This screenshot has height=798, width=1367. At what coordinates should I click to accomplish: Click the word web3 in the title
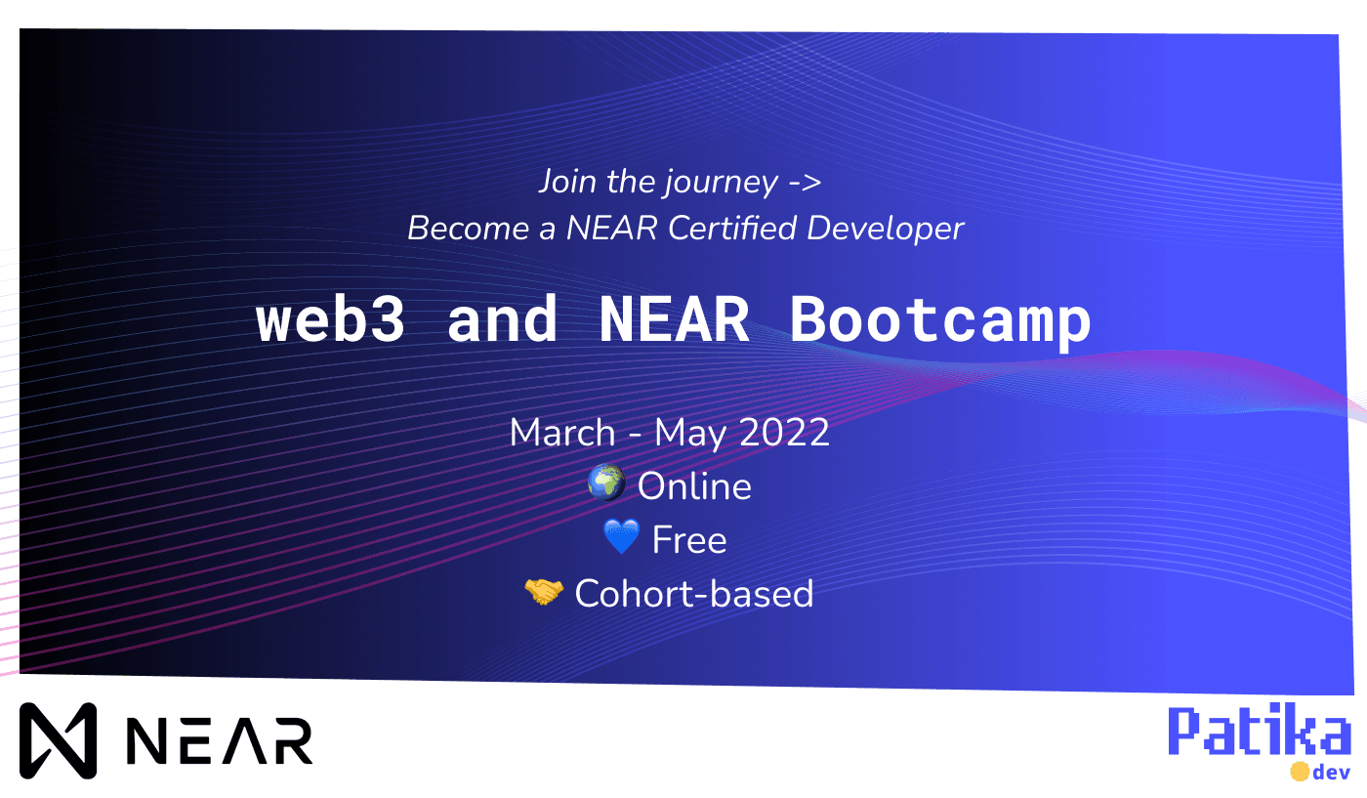click(330, 318)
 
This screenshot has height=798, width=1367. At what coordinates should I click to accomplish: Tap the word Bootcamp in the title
click(939, 318)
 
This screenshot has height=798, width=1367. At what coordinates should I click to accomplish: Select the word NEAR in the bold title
click(674, 318)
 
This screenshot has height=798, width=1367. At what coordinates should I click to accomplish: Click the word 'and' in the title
click(502, 318)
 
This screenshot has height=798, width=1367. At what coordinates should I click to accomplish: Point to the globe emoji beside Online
click(606, 484)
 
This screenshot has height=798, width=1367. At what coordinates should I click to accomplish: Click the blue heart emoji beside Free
click(621, 538)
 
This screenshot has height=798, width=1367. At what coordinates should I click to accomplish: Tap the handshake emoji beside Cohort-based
click(544, 592)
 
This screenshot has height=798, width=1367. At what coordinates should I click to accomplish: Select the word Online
click(694, 486)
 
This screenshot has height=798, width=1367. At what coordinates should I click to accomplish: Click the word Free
click(689, 540)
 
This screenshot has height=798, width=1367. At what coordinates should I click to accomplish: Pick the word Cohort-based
click(694, 594)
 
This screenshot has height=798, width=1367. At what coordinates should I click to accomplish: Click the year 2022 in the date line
click(785, 433)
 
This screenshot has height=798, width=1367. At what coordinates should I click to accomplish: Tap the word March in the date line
click(562, 433)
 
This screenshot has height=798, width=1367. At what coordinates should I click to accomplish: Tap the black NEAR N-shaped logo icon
click(59, 740)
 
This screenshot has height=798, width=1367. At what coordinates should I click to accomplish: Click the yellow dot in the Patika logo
click(1299, 772)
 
